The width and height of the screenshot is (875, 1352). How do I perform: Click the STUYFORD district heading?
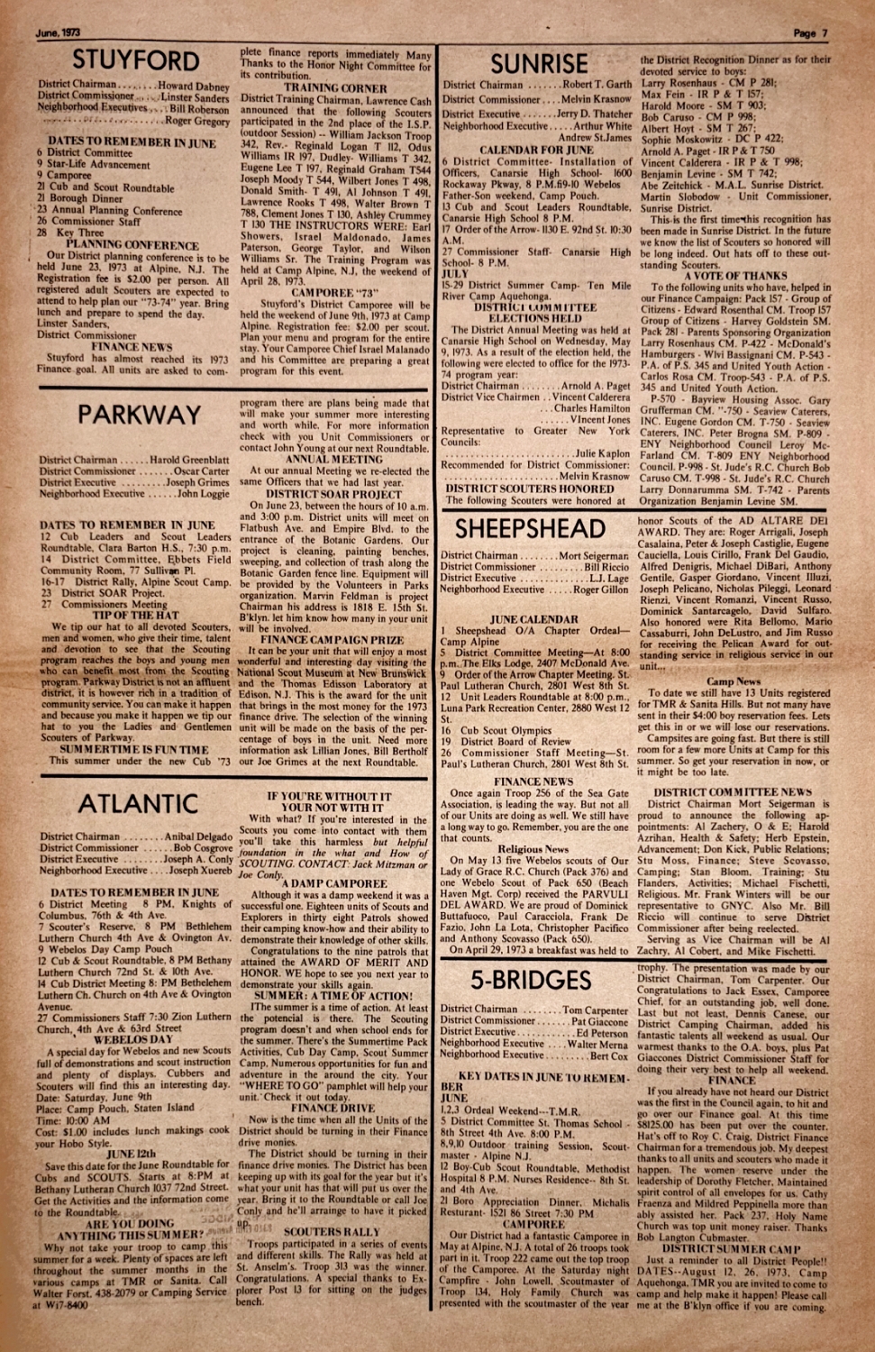tap(135, 60)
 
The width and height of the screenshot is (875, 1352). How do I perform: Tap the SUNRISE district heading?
tap(539, 63)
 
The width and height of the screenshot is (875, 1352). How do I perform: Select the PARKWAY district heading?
tap(139, 415)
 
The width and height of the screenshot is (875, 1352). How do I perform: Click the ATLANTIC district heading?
tap(137, 803)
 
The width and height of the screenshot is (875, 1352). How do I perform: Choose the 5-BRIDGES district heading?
tap(531, 980)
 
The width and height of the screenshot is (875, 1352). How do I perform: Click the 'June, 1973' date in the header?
tap(59, 32)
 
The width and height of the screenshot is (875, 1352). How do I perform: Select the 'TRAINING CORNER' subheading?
tap(335, 88)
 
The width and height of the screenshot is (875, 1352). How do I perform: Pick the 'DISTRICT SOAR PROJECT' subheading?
tap(333, 494)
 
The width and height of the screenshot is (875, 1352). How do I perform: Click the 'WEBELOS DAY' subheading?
tap(133, 1039)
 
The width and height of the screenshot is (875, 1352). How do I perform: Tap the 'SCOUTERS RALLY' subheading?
tap(332, 1231)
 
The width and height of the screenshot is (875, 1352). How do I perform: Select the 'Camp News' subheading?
tap(734, 681)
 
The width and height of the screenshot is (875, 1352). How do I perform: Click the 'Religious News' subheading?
tap(533, 849)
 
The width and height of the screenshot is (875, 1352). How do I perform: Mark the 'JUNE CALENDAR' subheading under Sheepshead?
tap(534, 619)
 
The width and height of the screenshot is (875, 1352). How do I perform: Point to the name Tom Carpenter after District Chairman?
tap(595, 1009)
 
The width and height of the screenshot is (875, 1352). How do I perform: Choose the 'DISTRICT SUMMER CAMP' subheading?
tap(731, 1248)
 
